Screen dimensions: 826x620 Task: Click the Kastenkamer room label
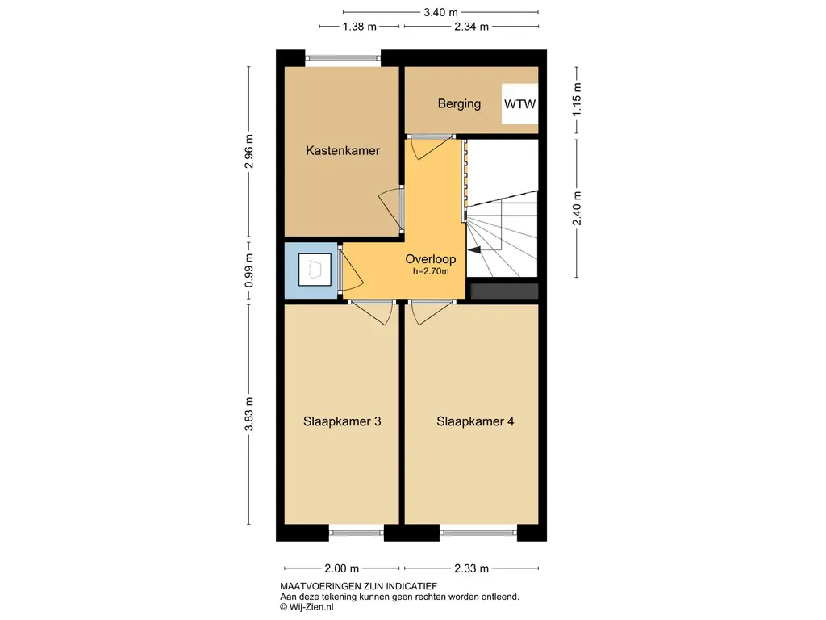tap(342, 151)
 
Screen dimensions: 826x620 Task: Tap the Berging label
tap(459, 104)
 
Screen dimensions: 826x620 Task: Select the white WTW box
tap(519, 104)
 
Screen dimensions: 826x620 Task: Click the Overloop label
tap(431, 259)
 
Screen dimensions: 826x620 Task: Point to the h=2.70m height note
tap(431, 271)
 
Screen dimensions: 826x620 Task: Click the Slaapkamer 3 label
tap(342, 421)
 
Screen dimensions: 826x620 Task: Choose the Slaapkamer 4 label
tap(475, 421)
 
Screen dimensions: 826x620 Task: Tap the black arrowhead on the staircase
tap(474, 250)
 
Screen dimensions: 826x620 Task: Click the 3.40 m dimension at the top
tap(441, 12)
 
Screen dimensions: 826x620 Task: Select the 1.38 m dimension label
tap(359, 27)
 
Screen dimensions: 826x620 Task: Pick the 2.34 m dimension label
tap(471, 27)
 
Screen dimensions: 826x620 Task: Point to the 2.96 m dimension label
tap(248, 151)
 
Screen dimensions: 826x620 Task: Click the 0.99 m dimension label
tap(248, 270)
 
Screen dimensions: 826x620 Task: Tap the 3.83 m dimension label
tap(248, 414)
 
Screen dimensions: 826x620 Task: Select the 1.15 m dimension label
tap(578, 99)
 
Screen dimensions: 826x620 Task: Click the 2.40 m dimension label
tap(578, 207)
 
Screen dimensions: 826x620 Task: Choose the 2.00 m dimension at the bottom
tap(341, 568)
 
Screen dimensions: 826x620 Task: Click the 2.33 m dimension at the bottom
tap(471, 568)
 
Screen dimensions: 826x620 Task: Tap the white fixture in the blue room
tap(315, 270)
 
